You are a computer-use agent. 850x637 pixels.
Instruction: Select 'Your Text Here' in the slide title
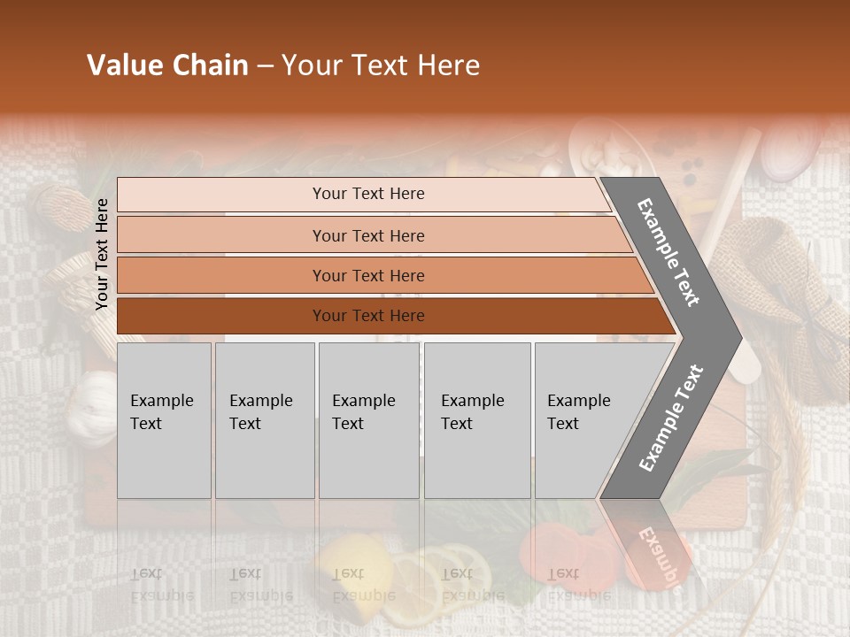[x=381, y=65]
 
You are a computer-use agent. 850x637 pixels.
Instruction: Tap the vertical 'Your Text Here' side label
[x=102, y=254]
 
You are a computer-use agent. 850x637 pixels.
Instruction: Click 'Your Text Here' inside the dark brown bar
[x=368, y=316]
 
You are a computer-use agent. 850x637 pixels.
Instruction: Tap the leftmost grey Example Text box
[x=164, y=420]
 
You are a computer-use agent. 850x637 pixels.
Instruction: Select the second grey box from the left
[x=265, y=420]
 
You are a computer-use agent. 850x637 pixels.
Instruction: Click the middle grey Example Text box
[x=368, y=420]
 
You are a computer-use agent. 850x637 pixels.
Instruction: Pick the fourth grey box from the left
[x=477, y=420]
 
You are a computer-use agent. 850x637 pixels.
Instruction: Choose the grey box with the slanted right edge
[x=584, y=420]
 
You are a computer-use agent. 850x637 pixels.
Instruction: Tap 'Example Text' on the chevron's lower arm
[x=671, y=418]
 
